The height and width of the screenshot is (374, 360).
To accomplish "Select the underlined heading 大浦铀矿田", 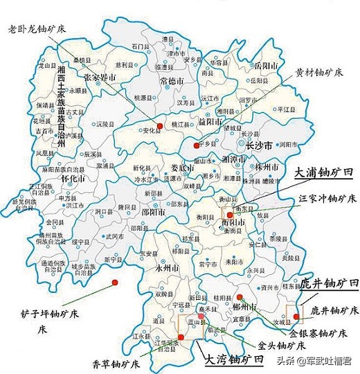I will coord(322,174).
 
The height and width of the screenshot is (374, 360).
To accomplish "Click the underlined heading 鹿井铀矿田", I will coord(329,284).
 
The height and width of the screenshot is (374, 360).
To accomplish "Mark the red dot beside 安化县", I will coord(159,126).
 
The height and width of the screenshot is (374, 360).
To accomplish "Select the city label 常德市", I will coord(172,81).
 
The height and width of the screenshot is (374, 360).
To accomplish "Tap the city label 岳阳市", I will coord(264,66).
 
